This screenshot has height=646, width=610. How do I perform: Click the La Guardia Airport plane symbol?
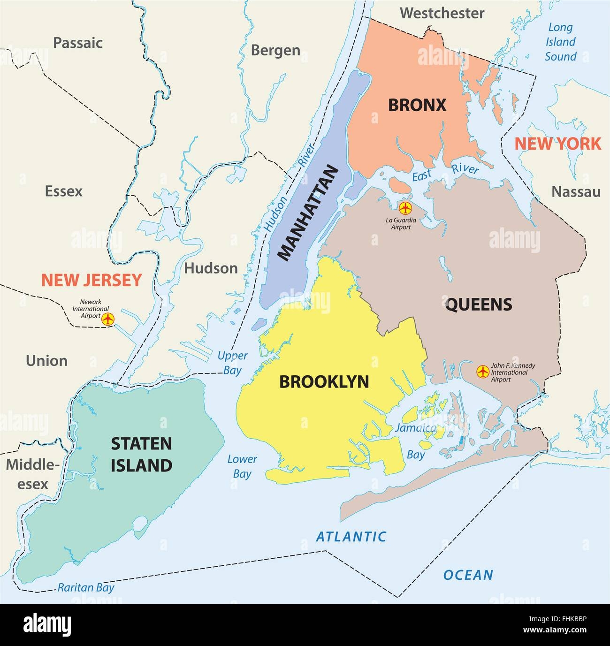tap(404, 207)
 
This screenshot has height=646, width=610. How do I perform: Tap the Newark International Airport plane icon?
tap(108, 319)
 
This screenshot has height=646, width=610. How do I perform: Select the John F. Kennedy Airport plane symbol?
tap(482, 372)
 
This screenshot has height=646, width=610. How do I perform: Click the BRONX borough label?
tap(417, 105)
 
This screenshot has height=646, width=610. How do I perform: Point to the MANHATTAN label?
tap(308, 213)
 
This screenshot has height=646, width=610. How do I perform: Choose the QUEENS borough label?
tap(478, 305)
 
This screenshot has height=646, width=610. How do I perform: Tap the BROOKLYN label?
tap(324, 382)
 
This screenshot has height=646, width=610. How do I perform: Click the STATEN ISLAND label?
tap(141, 454)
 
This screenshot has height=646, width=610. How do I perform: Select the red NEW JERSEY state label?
tap(91, 280)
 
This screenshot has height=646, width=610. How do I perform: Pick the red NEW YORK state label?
tap(557, 144)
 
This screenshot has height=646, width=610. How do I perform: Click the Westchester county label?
tap(442, 13)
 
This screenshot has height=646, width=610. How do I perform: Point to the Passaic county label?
tap(77, 43)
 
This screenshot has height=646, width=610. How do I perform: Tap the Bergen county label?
tap(275, 50)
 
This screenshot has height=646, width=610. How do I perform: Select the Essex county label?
tap(63, 191)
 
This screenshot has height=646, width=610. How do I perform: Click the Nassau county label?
tap(576, 191)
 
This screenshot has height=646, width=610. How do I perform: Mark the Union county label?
tap(46, 361)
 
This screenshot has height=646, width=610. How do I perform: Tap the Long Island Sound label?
tap(560, 42)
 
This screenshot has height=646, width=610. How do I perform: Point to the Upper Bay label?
tap(232, 363)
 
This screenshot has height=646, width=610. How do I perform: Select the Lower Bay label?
tap(242, 466)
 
